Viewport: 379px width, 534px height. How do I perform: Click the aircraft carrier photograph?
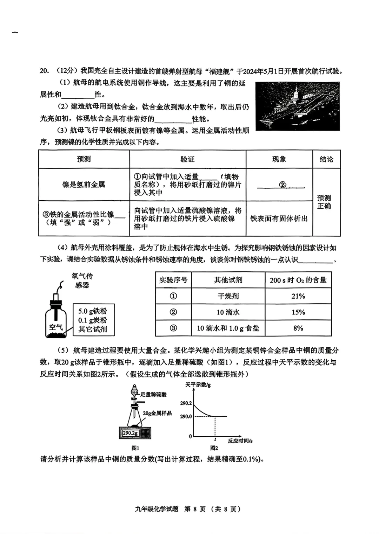coord(298,106)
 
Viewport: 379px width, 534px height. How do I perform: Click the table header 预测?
coord(84,159)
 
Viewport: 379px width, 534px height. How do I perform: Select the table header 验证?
coord(187,159)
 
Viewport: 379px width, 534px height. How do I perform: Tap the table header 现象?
coord(279,159)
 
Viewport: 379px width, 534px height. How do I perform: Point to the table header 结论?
coord(326,159)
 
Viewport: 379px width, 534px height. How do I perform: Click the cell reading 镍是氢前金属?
coord(84,185)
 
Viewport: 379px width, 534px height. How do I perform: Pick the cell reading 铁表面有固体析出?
coord(279,219)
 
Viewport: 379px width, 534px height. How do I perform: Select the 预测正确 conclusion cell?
coord(324,202)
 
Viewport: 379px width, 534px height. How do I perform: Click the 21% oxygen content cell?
coord(298,296)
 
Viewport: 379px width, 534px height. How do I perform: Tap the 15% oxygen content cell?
coord(298,312)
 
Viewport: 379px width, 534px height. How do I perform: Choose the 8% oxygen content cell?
coord(298,328)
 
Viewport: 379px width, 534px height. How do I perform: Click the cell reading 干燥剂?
coord(228,296)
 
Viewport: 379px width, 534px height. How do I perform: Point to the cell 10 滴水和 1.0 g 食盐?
coord(228,328)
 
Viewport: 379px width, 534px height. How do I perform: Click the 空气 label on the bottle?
coord(56,327)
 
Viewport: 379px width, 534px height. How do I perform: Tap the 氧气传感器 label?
coord(82,280)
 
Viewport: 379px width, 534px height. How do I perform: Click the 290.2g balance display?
coord(130,433)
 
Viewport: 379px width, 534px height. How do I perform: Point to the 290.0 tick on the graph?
coord(186,416)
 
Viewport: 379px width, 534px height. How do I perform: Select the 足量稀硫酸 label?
coord(154,395)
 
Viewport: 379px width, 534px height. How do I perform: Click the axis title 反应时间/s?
coord(240,441)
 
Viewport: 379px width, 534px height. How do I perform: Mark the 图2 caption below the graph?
coord(214,448)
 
